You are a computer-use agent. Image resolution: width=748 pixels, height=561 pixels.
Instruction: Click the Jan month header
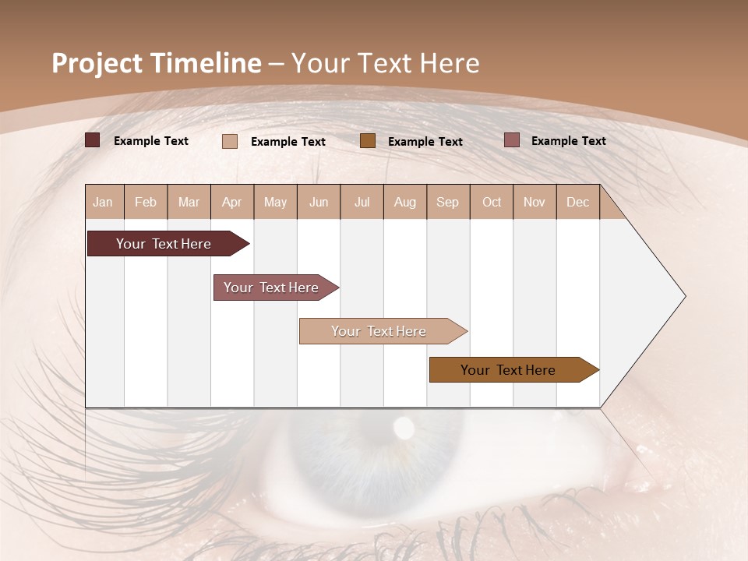(103, 202)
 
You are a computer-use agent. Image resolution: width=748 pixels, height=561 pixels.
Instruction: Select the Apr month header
(231, 202)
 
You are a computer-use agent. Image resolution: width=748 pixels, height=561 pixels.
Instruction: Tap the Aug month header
(404, 202)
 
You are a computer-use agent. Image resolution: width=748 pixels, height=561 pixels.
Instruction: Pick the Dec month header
(577, 202)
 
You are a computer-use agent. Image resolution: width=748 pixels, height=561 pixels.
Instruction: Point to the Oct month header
(492, 202)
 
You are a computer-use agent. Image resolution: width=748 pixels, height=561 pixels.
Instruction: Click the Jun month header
(319, 202)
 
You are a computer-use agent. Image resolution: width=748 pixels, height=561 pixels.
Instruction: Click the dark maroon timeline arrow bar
(164, 244)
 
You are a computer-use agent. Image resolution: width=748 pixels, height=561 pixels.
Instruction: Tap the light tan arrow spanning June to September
(379, 331)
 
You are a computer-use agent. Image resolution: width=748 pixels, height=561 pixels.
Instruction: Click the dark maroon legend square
(92, 140)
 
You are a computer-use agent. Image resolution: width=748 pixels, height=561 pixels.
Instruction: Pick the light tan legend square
(229, 141)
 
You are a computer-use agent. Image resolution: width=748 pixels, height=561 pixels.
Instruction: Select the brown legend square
(367, 140)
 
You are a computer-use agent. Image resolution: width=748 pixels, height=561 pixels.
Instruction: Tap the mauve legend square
(511, 140)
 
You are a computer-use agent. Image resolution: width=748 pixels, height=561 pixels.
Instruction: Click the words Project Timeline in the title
(156, 63)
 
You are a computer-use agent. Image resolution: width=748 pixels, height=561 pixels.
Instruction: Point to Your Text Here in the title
(385, 63)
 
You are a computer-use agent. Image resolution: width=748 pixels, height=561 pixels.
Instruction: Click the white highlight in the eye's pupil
(404, 426)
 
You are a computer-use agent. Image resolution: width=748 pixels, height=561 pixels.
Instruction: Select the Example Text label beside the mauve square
(568, 141)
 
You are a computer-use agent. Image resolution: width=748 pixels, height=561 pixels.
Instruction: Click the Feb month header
(146, 202)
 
